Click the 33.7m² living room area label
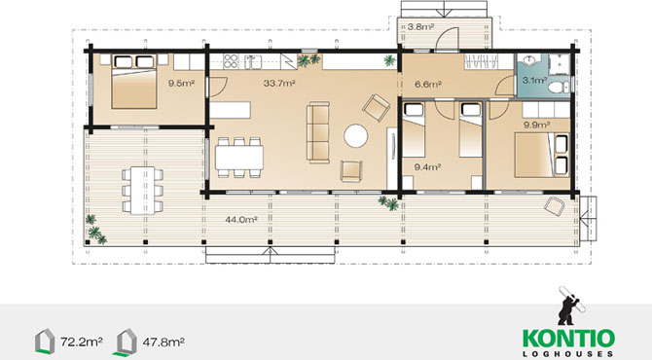tap(279, 83)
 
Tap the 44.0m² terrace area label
tap(241, 220)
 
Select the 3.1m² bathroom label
tap(534, 80)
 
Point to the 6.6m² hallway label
tap(428, 85)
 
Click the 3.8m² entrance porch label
tap(420, 27)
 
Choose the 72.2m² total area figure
tap(82, 342)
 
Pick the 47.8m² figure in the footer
tap(163, 342)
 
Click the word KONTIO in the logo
tap(568, 339)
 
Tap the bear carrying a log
tap(570, 306)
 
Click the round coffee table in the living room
tap(356, 136)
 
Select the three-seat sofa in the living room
tap(318, 132)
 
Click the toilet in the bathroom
tap(559, 88)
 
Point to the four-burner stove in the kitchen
tap(231, 61)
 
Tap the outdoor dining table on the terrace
tap(143, 191)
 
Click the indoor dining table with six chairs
tap(239, 158)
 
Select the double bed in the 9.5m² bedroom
tap(134, 82)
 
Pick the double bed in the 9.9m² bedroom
tap(541, 155)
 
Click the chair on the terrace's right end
tap(555, 206)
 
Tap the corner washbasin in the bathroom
tap(529, 61)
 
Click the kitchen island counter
tap(230, 110)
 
